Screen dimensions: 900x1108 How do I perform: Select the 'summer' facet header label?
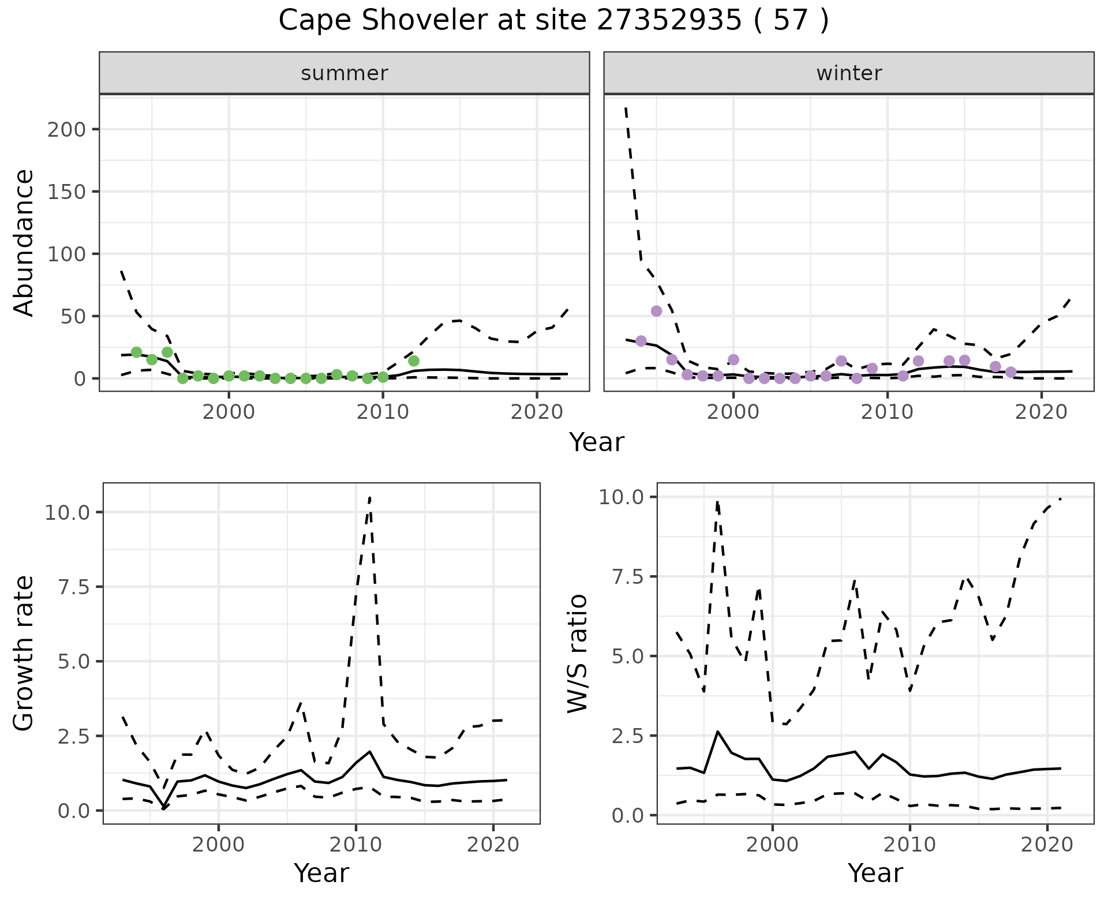pyautogui.click(x=345, y=73)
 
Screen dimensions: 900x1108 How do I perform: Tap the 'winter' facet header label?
pyautogui.click(x=849, y=73)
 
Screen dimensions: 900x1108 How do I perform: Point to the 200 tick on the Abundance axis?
pyautogui.click(x=66, y=129)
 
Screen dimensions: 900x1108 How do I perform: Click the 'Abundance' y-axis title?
pyautogui.click(x=24, y=242)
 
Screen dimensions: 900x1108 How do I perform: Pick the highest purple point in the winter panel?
pyautogui.click(x=656, y=311)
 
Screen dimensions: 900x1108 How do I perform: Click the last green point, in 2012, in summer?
pyautogui.click(x=413, y=361)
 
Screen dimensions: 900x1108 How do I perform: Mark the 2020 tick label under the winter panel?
pyautogui.click(x=1041, y=412)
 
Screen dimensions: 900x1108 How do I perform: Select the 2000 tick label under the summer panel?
pyautogui.click(x=229, y=412)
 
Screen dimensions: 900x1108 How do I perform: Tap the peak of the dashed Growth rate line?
pyautogui.click(x=369, y=497)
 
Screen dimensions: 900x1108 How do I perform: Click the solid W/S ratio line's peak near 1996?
pyautogui.click(x=717, y=732)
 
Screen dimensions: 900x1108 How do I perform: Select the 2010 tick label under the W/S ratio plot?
pyautogui.click(x=909, y=845)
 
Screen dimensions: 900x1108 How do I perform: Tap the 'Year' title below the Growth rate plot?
pyautogui.click(x=321, y=873)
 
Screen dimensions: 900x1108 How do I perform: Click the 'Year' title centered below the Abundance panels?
pyautogui.click(x=597, y=442)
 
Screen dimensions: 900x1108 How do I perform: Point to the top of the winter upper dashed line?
pyautogui.click(x=626, y=108)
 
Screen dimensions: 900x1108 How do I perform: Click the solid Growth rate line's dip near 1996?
pyautogui.click(x=164, y=808)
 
